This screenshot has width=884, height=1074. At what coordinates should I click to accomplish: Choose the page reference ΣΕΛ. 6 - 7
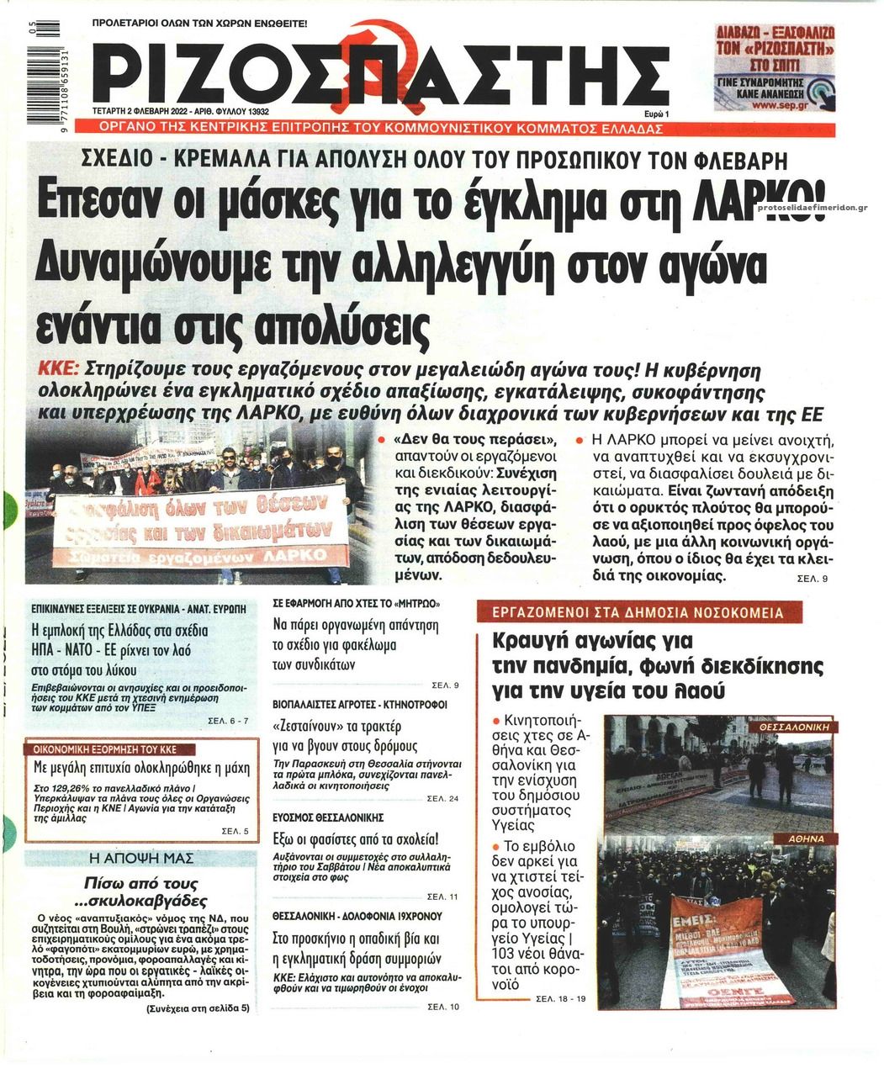click(x=228, y=721)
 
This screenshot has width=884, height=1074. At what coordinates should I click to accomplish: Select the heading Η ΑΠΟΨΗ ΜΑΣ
click(x=140, y=859)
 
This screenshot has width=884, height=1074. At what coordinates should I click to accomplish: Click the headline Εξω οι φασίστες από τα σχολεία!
click(x=356, y=839)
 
